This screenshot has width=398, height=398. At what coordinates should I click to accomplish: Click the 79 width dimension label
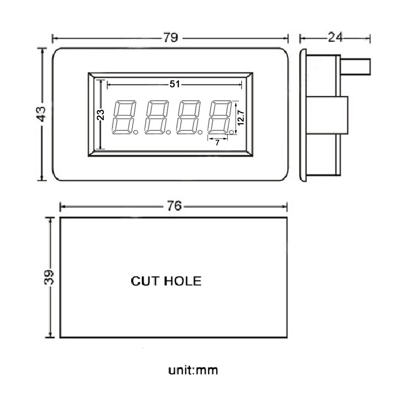click(170, 38)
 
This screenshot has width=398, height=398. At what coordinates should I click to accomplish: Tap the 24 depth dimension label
click(335, 37)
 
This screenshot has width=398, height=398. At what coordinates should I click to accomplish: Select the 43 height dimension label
click(41, 114)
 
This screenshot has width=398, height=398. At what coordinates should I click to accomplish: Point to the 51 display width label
click(175, 84)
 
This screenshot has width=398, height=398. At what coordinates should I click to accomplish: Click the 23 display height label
click(101, 115)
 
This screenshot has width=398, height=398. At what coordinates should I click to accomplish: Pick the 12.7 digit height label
click(241, 117)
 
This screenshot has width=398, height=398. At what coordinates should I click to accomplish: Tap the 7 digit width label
click(217, 143)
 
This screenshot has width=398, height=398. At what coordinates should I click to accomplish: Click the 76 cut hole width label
click(174, 206)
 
